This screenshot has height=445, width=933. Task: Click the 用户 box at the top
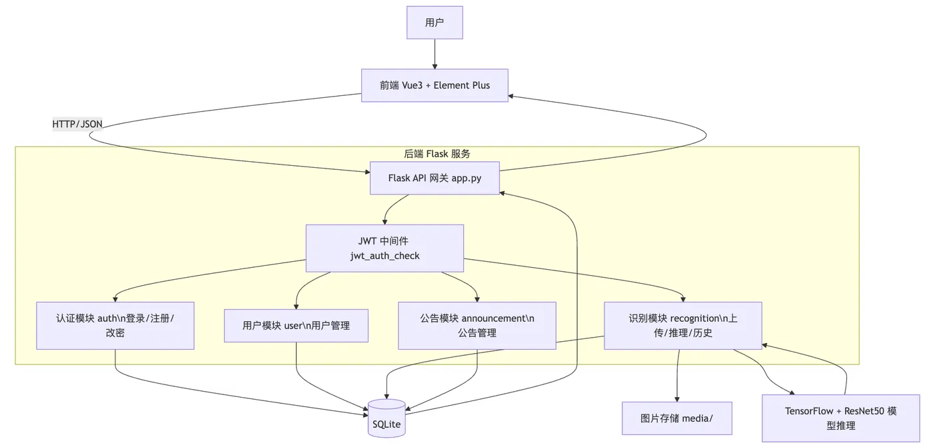[435, 23]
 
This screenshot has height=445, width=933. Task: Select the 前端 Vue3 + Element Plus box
[435, 85]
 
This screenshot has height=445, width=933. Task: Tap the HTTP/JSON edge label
[77, 124]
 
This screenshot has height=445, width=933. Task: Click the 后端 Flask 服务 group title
[437, 154]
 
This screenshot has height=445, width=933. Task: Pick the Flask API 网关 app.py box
[435, 179]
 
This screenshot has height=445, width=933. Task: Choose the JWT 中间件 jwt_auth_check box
[385, 248]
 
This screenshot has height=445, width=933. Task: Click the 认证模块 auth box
[115, 325]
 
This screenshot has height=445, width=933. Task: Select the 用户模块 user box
[296, 326]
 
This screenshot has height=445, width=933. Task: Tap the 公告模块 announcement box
[476, 325]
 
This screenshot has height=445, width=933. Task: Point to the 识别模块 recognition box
[682, 325]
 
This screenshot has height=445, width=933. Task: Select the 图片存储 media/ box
[676, 418]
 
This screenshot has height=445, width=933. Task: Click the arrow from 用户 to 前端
[435, 54]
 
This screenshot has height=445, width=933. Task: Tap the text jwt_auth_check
[385, 256]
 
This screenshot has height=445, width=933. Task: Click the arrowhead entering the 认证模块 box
[115, 299]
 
